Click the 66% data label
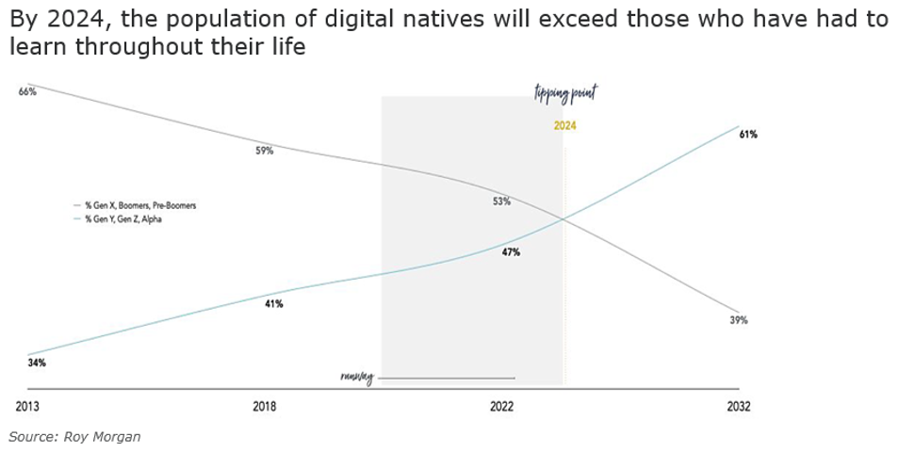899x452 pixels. (x=27, y=92)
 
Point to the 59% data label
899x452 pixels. (x=265, y=151)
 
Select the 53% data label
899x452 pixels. (x=501, y=202)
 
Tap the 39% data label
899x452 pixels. (x=739, y=320)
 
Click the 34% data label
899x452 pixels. (x=37, y=363)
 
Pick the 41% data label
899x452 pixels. (x=274, y=304)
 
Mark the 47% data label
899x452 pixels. (x=511, y=252)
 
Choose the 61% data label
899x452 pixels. (x=748, y=135)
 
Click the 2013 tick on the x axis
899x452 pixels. (x=27, y=407)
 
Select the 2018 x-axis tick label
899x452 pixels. (x=265, y=407)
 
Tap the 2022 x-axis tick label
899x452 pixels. (x=501, y=407)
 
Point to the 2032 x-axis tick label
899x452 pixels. (x=739, y=407)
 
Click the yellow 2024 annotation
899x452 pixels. (x=565, y=125)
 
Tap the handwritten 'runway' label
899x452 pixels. (x=357, y=378)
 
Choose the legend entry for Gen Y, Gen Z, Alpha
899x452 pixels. (x=123, y=219)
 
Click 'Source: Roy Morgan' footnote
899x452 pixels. (x=74, y=437)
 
